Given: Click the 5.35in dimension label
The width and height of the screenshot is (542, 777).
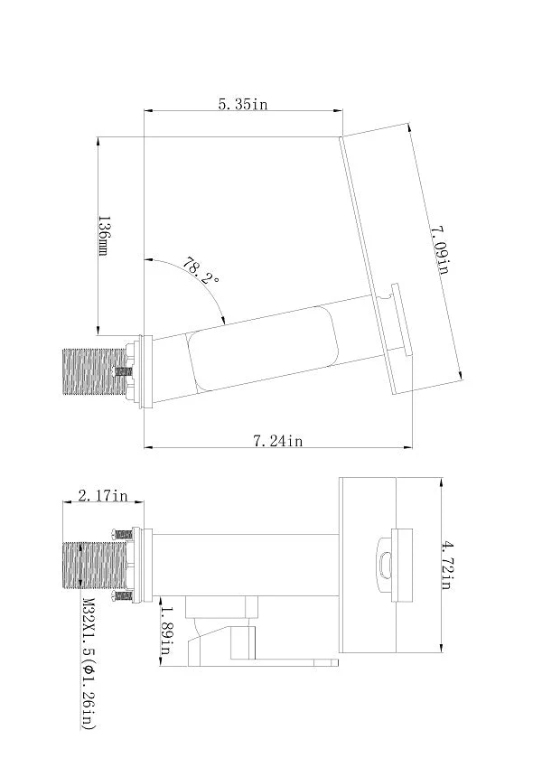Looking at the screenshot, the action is click(x=243, y=104).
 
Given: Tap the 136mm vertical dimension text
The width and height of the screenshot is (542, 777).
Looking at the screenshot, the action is click(x=104, y=236).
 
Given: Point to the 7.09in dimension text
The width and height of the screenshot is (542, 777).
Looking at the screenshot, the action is click(x=439, y=249).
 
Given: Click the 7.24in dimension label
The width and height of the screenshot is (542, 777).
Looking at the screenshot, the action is click(x=278, y=440).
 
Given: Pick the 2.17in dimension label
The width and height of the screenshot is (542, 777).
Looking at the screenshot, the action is click(x=103, y=495).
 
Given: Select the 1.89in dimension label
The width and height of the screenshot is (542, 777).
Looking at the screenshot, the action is click(x=166, y=630).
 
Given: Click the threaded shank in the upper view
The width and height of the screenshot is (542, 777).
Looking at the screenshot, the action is click(x=95, y=372).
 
